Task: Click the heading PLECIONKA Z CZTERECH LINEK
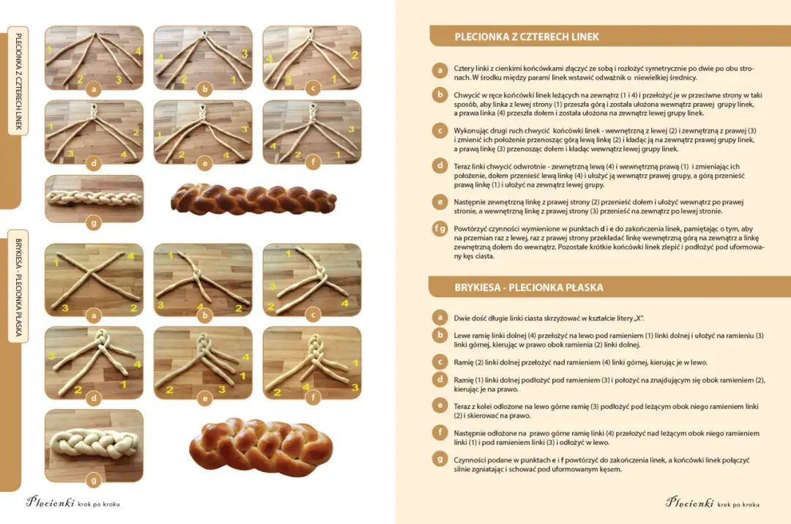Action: (x=526, y=37)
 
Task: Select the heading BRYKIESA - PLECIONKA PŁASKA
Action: (x=529, y=288)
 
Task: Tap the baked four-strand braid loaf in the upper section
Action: (x=253, y=198)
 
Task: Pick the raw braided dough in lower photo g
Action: (x=94, y=443)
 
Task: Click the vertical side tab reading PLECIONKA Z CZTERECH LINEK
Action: (x=18, y=81)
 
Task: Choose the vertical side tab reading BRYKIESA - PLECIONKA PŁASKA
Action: (x=18, y=286)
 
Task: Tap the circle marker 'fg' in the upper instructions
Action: (x=440, y=229)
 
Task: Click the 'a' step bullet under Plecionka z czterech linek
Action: (x=440, y=70)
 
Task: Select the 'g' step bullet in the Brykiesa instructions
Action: (x=440, y=460)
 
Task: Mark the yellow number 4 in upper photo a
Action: (x=138, y=50)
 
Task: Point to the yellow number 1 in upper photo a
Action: (x=49, y=49)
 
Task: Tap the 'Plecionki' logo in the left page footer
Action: (x=51, y=502)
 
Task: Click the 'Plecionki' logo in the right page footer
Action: (x=690, y=502)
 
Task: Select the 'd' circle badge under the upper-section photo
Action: (x=94, y=163)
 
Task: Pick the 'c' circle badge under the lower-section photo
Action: (x=313, y=315)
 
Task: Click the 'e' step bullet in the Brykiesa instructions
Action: (x=440, y=405)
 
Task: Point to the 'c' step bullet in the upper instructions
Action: (x=440, y=131)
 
